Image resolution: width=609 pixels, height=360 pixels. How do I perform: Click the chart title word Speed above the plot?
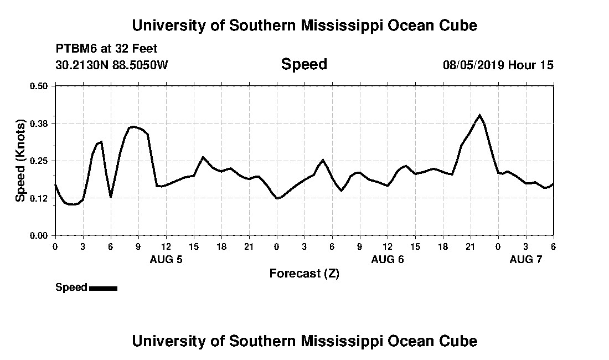click(x=304, y=64)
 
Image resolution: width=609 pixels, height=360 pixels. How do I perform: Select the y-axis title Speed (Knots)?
click(x=20, y=161)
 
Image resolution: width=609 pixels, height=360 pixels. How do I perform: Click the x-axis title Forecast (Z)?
click(x=304, y=274)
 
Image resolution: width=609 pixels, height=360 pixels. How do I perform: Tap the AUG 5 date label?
click(x=166, y=259)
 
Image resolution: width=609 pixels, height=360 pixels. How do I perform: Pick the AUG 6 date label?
click(x=388, y=259)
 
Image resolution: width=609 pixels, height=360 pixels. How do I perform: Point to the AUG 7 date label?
click(x=526, y=259)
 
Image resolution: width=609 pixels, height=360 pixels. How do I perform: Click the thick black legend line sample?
click(x=103, y=288)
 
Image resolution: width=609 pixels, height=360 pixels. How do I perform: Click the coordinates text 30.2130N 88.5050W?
click(x=112, y=65)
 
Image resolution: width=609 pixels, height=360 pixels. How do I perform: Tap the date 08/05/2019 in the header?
click(x=473, y=65)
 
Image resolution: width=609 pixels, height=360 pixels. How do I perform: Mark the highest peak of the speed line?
click(x=479, y=115)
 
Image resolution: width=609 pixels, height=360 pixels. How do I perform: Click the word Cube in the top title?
click(x=458, y=25)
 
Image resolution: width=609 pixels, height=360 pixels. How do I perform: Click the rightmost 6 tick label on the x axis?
click(x=553, y=246)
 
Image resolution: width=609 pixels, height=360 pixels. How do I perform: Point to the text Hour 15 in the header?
click(x=531, y=65)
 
